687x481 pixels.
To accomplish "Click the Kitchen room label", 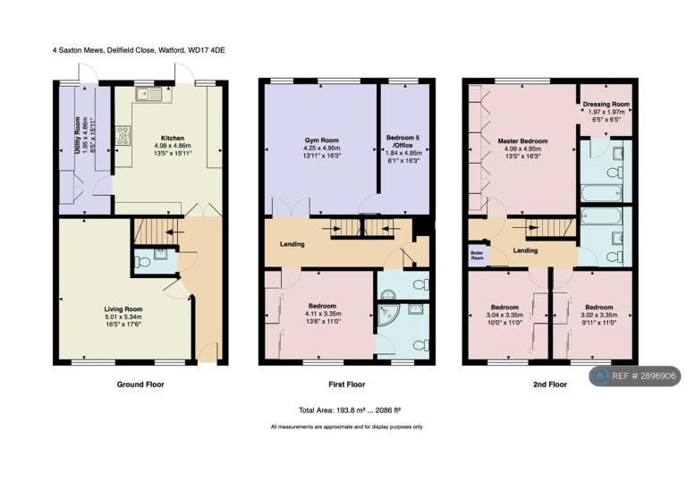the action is (x=173, y=138).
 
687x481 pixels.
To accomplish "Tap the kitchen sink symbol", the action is (x=148, y=94).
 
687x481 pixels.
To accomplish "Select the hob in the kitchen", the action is (x=123, y=135).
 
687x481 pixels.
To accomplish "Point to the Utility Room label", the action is (x=78, y=135).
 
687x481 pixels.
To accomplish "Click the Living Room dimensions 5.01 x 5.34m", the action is (x=123, y=316).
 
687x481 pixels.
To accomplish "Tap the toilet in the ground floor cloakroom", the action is (x=142, y=262).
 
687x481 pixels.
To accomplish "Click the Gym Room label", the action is (x=322, y=140).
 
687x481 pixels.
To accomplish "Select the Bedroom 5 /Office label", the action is (x=403, y=141).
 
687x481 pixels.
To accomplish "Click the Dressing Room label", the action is (x=606, y=105).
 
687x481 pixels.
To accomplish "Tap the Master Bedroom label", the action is (x=522, y=141).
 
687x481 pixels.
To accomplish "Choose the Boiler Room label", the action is (x=477, y=256).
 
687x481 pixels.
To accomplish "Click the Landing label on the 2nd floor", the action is (x=525, y=250).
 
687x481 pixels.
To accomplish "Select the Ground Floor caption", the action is (x=140, y=384).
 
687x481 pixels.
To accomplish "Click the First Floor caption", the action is (x=346, y=384).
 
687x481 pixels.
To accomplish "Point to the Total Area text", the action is (x=350, y=410).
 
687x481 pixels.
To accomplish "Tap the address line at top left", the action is (x=139, y=50).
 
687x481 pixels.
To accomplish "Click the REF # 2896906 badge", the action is (x=634, y=376).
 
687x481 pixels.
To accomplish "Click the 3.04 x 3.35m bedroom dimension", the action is (x=505, y=315).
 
